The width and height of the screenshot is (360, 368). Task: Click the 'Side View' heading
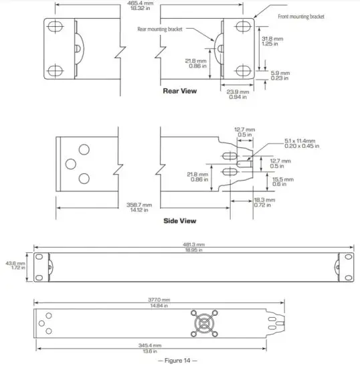coord(179,219)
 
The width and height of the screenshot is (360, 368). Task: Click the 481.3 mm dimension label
coord(194,244)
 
